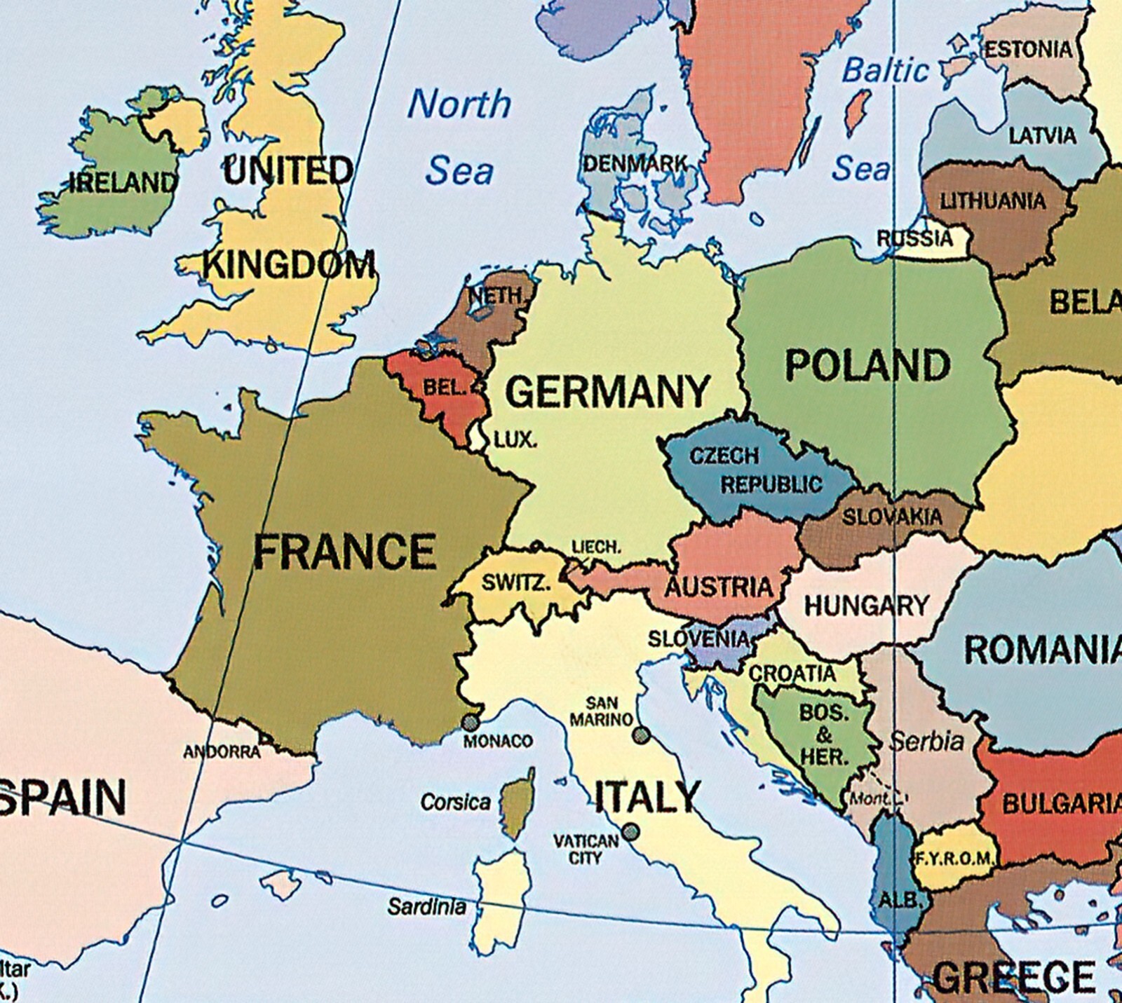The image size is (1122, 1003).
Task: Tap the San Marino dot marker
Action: (640, 735)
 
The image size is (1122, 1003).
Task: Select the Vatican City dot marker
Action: (630, 832)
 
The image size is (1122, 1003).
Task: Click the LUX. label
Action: (515, 441)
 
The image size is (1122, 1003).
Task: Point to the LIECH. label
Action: (596, 547)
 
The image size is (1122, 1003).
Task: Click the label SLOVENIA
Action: (698, 639)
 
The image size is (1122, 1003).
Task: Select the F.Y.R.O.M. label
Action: (954, 859)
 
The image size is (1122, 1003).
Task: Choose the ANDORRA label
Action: (222, 752)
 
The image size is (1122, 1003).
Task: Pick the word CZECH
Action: (724, 456)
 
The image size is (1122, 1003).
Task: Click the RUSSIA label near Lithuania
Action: (914, 238)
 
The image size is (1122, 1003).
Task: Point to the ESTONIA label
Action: (1028, 50)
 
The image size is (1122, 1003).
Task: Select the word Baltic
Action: (885, 71)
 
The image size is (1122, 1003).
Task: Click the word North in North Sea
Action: (459, 104)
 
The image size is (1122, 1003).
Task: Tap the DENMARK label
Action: (635, 164)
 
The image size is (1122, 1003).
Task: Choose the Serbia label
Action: (926, 741)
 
